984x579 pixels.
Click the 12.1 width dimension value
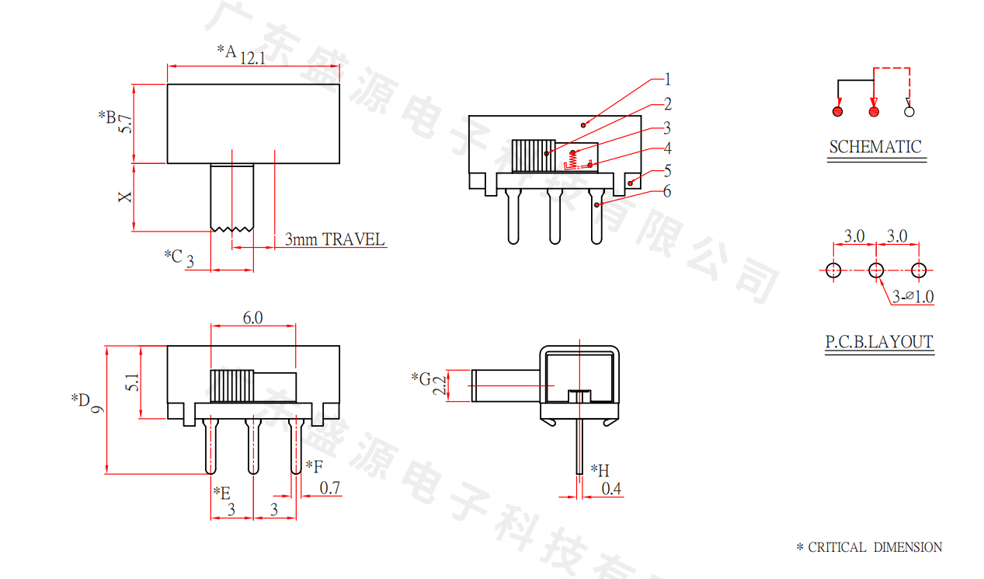252,58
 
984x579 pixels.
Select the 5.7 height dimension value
124,124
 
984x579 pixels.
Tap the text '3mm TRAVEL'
335,239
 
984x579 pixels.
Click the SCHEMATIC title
875,147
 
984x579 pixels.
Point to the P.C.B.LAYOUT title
878,342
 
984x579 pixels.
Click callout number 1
667,79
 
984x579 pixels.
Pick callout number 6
667,191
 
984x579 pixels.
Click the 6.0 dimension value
252,317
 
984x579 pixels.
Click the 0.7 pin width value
330,488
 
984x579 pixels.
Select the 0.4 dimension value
612,489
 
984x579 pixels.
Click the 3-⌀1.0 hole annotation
913,297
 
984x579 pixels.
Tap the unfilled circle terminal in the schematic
909,112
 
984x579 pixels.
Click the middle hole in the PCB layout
876,270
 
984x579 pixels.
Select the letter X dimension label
125,197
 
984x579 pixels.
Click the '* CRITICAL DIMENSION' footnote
869,548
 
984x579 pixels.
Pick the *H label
600,470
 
